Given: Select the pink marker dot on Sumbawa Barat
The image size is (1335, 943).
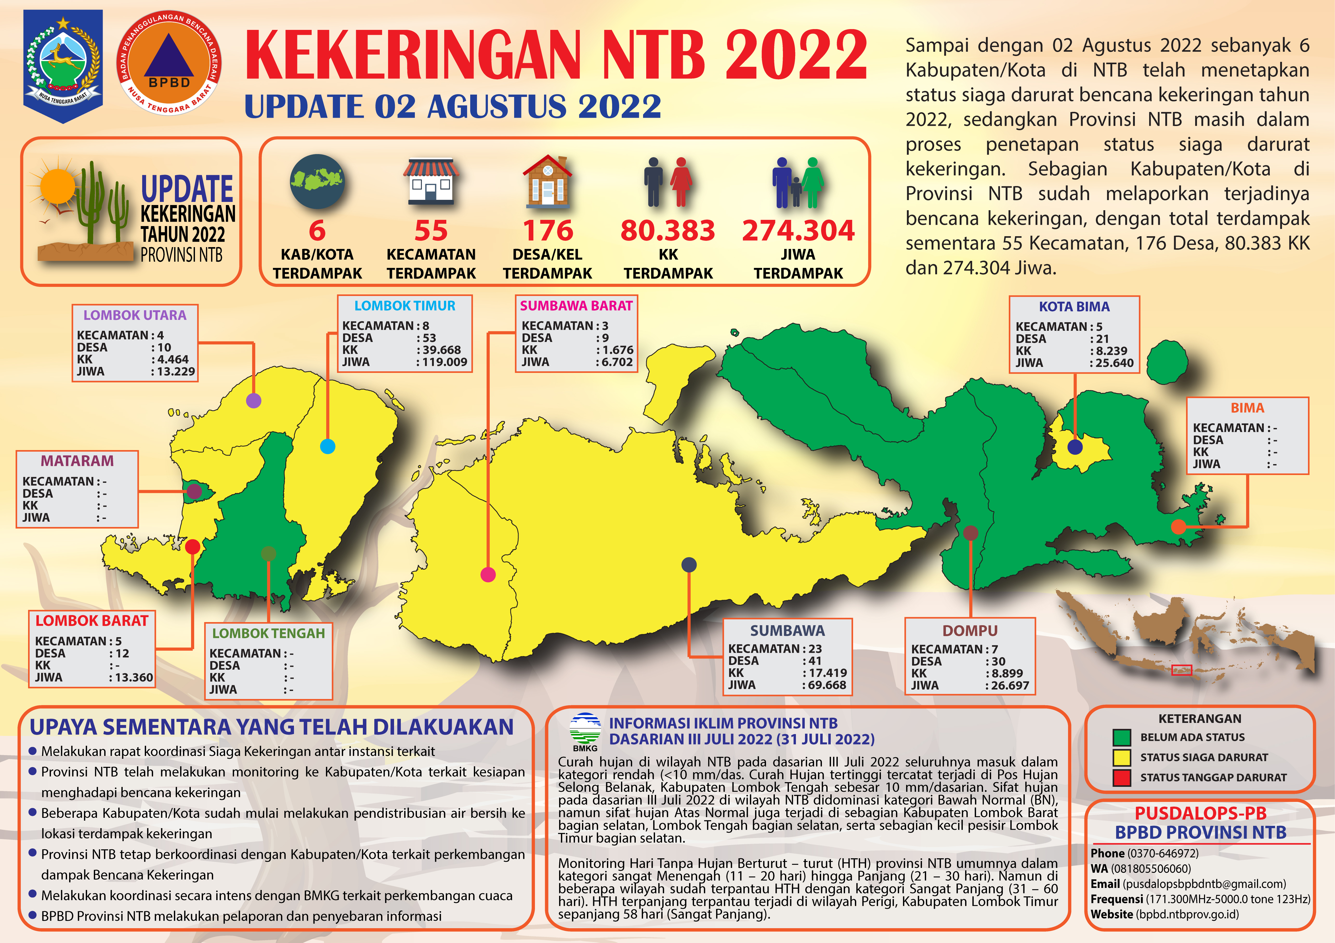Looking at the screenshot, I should [x=488, y=575].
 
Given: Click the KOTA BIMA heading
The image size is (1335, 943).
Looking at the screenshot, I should [x=1074, y=306].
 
